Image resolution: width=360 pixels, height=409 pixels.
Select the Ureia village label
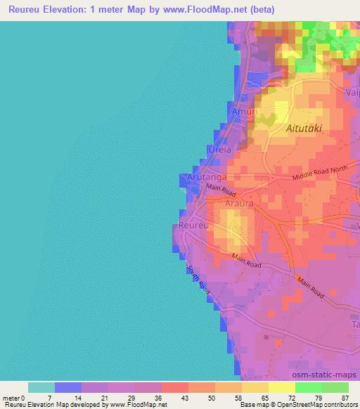click(x=219, y=150)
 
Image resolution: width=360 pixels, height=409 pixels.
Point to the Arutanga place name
click(x=207, y=178)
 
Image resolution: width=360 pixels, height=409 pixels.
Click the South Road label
click(x=198, y=278)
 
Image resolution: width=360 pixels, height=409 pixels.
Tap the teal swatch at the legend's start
click(x=41, y=387)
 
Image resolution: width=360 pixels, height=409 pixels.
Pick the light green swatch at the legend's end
click(x=335, y=387)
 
